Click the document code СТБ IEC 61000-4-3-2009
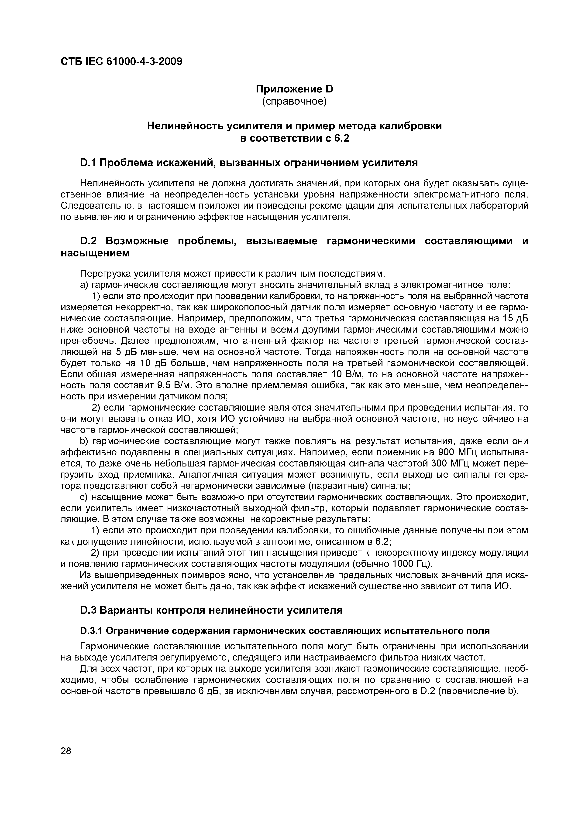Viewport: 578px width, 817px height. pyautogui.click(x=121, y=61)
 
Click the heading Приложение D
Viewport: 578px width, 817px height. pyautogui.click(x=294, y=89)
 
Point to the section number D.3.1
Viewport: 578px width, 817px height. pyautogui.click(x=91, y=631)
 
